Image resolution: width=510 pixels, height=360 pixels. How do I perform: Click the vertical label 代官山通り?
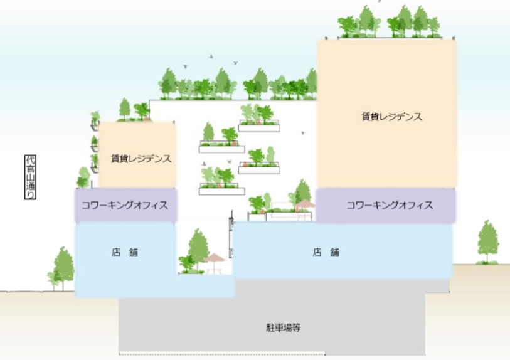point(30,177)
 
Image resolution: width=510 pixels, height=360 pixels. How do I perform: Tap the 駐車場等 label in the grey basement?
point(284,327)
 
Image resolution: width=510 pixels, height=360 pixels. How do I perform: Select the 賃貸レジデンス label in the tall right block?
point(392,117)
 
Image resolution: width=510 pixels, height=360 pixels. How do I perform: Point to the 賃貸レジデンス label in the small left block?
point(141,159)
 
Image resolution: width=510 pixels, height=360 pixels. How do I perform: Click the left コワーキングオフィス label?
point(125,205)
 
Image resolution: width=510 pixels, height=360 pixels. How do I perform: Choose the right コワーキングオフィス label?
point(390,205)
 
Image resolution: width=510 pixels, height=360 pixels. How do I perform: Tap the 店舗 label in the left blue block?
point(125,252)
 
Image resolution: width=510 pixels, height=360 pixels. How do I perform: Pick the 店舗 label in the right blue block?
point(326,252)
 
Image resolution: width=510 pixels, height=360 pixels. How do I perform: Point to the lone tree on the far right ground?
point(488,242)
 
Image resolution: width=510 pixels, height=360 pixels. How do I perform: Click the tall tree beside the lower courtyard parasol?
point(198,249)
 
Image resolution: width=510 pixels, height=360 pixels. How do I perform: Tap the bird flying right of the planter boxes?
point(304,133)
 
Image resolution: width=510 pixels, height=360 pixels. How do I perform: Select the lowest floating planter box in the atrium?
point(222,191)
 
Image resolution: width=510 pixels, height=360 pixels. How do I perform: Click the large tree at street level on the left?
point(63,268)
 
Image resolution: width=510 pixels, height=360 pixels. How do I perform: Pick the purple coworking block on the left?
point(126,205)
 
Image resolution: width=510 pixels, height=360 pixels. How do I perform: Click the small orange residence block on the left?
point(137,155)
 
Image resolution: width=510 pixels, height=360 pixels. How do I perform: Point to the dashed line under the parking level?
point(222,354)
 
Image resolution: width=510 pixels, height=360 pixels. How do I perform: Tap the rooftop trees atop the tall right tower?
point(389,22)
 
